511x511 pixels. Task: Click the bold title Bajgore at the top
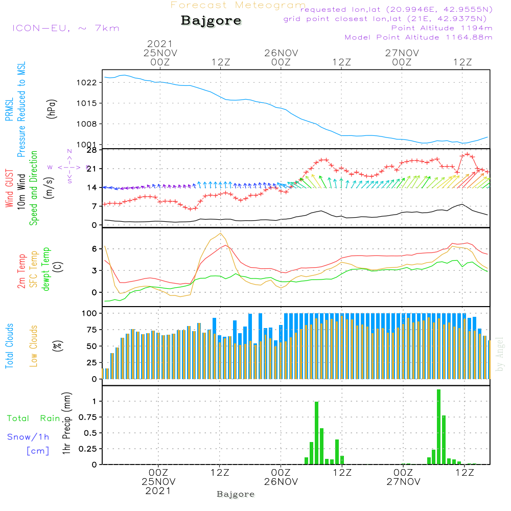(211, 21)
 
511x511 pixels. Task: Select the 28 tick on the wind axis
(91, 150)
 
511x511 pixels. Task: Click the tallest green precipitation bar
(438, 427)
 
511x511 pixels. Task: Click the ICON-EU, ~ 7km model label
(65, 28)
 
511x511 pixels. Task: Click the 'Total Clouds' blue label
(9, 346)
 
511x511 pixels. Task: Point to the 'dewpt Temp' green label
(46, 269)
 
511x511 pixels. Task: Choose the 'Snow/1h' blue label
(28, 437)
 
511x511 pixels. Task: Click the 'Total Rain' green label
(34, 419)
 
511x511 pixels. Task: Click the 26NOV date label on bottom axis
(281, 482)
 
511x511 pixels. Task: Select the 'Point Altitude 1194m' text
(442, 28)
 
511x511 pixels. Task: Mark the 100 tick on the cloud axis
(89, 313)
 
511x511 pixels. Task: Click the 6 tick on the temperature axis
(94, 249)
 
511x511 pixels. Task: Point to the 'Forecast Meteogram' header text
(238, 5)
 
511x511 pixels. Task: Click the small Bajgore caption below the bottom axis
(236, 495)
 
